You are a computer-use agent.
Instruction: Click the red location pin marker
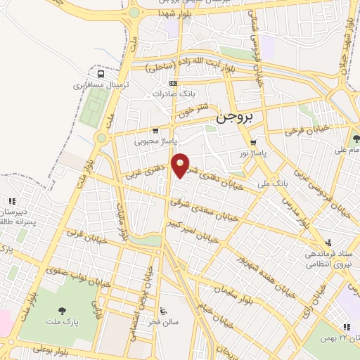pos(181,166)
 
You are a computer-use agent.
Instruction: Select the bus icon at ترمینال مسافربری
pos(102,73)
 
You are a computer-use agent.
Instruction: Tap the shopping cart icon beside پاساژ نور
pos(253,143)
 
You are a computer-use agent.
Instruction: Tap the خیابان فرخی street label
pos(307,131)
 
